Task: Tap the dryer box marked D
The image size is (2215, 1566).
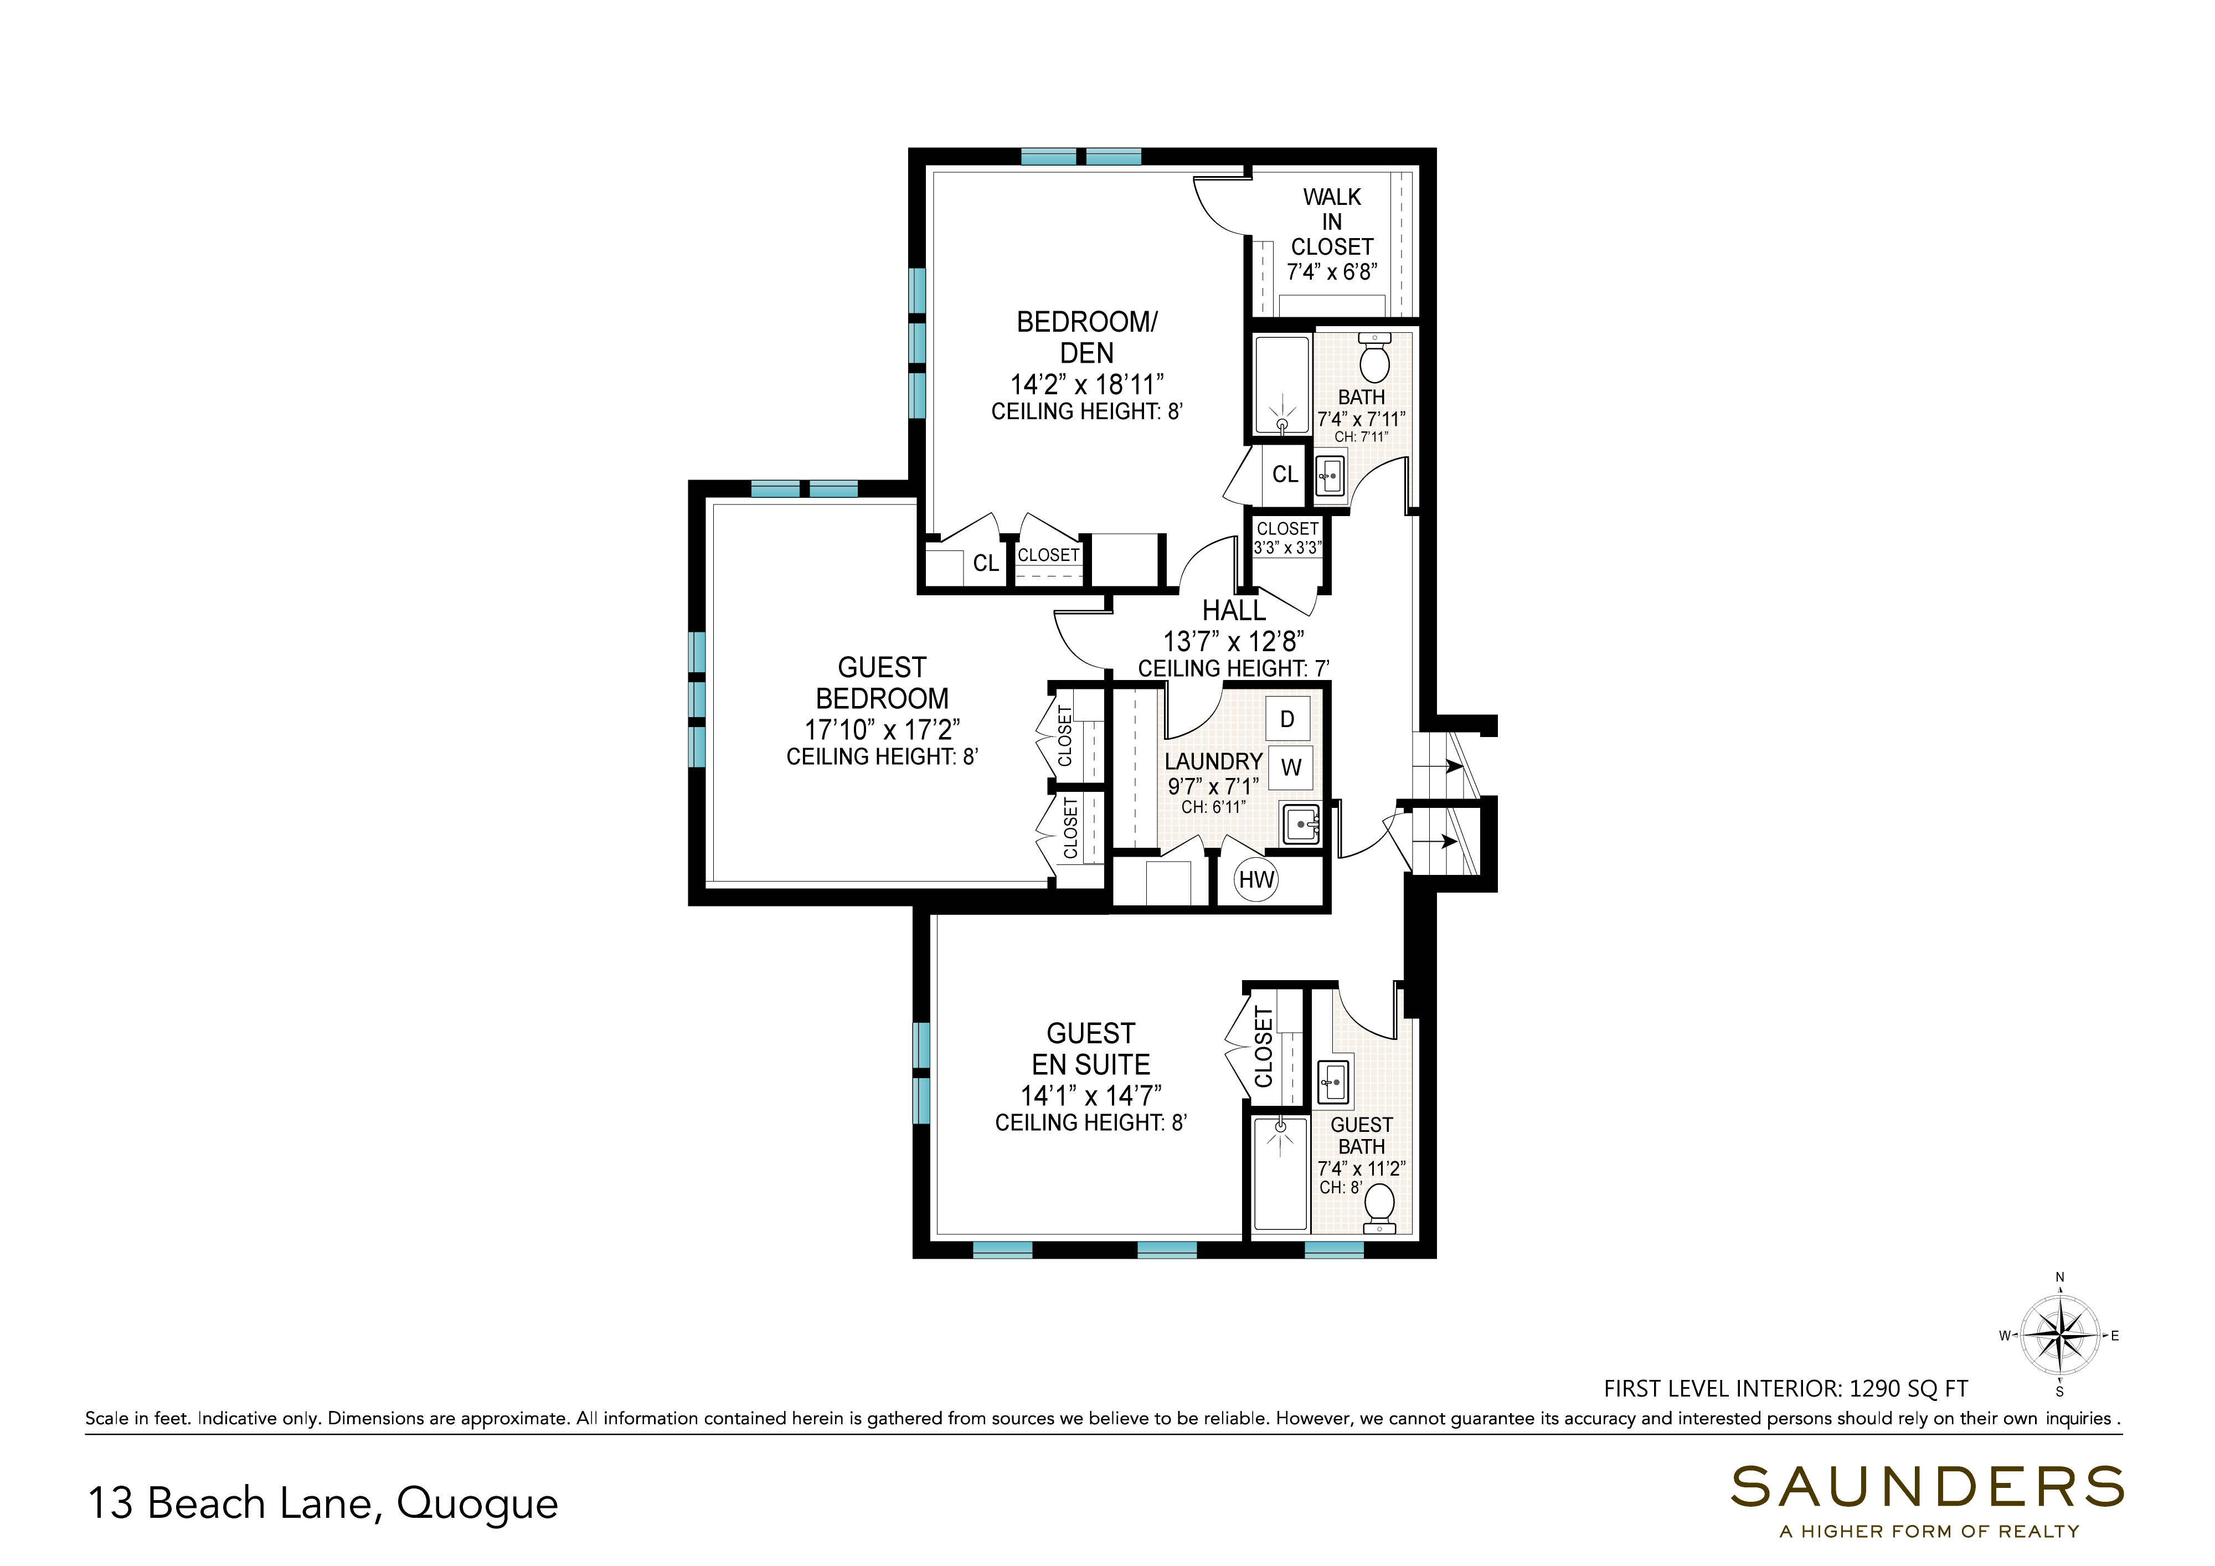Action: pyautogui.click(x=1287, y=719)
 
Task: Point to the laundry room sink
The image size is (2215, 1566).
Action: pyautogui.click(x=1300, y=824)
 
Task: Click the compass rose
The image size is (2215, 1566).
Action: pyautogui.click(x=2060, y=1336)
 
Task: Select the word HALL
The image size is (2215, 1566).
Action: pyautogui.click(x=1234, y=611)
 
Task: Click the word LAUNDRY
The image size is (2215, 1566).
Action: pyautogui.click(x=1213, y=761)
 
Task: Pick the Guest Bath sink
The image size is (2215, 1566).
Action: pyautogui.click(x=1334, y=1081)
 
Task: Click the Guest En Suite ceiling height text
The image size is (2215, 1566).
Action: pyautogui.click(x=1091, y=1122)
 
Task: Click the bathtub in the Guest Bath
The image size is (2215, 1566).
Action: pyautogui.click(x=1280, y=1172)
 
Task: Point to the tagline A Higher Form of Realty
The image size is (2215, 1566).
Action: pyautogui.click(x=1929, y=1531)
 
